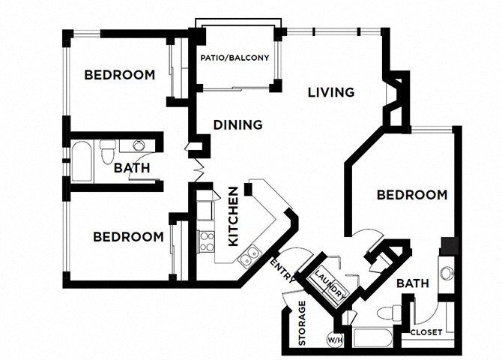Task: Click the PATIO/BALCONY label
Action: (235, 57)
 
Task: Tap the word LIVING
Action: (330, 92)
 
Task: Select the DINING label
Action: (238, 124)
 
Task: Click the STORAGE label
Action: (302, 323)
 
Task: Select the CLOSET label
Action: (426, 331)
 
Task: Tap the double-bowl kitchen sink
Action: (250, 256)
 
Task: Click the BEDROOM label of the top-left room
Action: (120, 75)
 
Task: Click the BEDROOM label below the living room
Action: (412, 195)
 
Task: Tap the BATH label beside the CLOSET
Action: (412, 284)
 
